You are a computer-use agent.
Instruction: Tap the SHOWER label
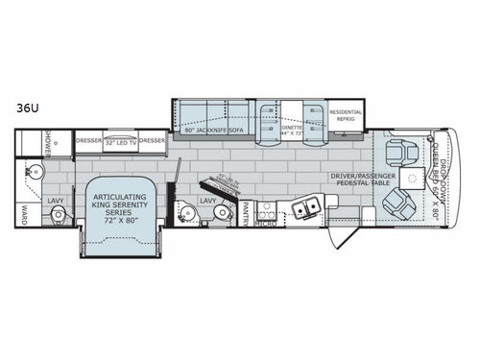(45, 146)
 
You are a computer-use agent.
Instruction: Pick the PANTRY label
(246, 205)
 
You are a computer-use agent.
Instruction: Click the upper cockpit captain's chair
(396, 153)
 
